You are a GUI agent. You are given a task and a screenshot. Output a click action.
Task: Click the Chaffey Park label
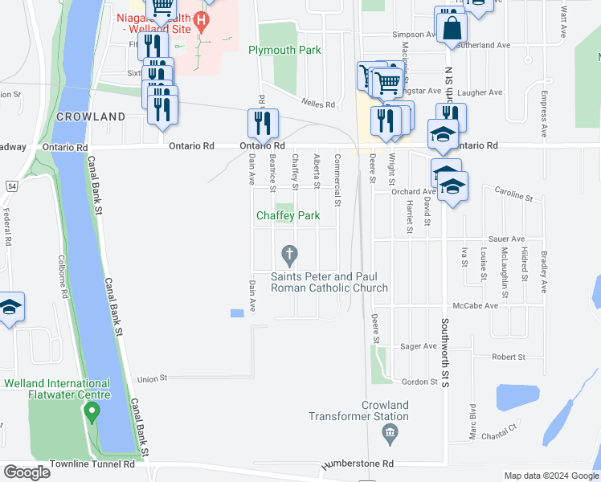(288, 215)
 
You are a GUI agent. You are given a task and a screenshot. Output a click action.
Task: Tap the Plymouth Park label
(284, 50)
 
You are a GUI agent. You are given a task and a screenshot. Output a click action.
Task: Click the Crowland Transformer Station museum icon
(390, 435)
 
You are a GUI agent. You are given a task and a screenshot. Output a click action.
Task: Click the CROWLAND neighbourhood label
(91, 116)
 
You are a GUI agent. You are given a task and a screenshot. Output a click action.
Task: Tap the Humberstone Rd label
(358, 464)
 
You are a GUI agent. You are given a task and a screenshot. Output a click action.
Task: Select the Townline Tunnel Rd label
(94, 465)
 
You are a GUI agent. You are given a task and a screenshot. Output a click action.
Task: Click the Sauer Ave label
(506, 239)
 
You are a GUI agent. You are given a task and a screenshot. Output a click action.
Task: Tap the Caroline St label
(513, 195)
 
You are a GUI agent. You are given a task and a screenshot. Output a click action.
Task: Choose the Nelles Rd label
(318, 104)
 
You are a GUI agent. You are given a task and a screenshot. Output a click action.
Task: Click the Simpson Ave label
(413, 35)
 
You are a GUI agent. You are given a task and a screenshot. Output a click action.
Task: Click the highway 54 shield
(12, 186)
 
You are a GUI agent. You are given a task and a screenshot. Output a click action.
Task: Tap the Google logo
(27, 472)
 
